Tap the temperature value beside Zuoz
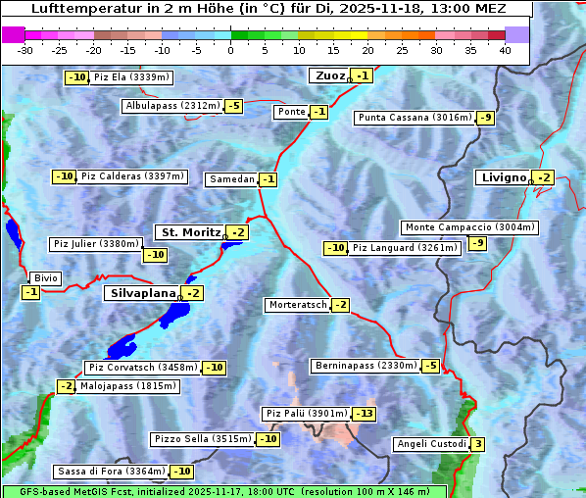tap(363, 75)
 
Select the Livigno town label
tap(503, 177)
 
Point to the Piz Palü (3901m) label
tap(305, 414)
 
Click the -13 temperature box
tap(364, 414)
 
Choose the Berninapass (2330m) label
tap(366, 366)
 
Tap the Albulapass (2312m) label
tap(172, 106)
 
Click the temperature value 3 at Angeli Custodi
tap(477, 444)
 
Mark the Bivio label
tap(46, 278)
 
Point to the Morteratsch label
tap(297, 305)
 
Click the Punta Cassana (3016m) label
tap(415, 118)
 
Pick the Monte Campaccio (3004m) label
tap(469, 227)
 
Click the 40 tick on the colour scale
tap(505, 50)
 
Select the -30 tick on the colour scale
tap(25, 50)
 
